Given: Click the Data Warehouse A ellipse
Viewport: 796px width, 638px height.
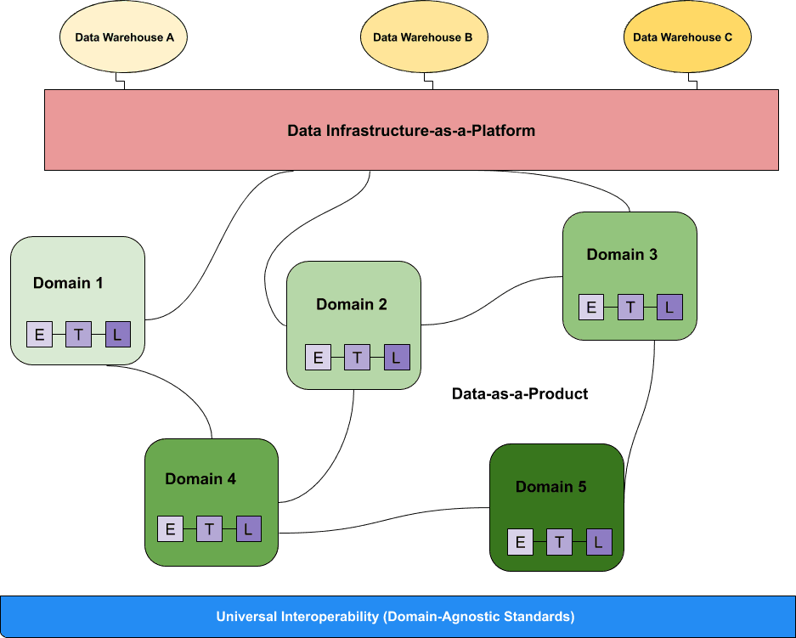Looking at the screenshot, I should pos(124,37).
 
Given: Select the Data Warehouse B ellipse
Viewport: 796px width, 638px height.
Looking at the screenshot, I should pos(423,37).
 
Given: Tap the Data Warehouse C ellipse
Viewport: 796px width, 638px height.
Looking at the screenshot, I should pos(687,37).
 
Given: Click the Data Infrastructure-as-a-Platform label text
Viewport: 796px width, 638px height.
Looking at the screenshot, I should pos(411,131).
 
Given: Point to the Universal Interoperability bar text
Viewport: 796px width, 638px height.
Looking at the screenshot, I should pos(395,616).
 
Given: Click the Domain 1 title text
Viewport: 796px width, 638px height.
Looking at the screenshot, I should pos(68,283).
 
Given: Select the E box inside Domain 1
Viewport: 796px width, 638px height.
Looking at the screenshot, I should pos(39,335).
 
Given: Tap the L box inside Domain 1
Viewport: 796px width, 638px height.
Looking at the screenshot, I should pos(117,335).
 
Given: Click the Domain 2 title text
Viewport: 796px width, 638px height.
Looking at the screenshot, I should pos(352,304).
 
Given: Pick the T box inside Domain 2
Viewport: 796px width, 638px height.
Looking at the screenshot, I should pos(357,358).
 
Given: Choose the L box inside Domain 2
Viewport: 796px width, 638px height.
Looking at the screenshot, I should pos(396,358).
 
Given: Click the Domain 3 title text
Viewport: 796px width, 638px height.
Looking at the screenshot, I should pos(622,254).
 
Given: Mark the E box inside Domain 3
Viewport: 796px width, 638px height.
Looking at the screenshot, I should pos(591,308).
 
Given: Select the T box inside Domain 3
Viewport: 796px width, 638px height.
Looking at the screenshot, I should pos(630,308).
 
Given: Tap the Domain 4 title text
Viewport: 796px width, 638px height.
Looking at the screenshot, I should pos(200,478).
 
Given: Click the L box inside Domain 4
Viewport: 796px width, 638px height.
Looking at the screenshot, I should pos(248,529).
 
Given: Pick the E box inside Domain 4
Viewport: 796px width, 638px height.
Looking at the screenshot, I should pos(170,529).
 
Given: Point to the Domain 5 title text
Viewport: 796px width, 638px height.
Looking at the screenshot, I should pos(550,487).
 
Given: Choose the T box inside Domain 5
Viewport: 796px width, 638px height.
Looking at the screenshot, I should pos(559,542).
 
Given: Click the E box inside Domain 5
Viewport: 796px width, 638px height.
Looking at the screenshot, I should pos(520,542).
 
